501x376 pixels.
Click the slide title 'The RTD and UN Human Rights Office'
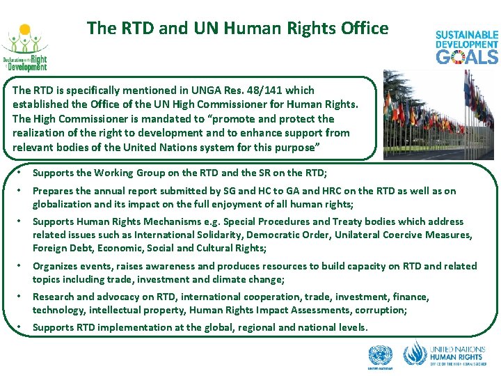[237, 29]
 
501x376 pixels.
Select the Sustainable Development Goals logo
[467, 47]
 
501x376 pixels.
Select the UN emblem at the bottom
[380, 356]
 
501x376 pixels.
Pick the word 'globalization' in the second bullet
[64, 204]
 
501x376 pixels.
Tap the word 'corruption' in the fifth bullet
[380, 310]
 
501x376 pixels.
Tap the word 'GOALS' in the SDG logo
[467, 56]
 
